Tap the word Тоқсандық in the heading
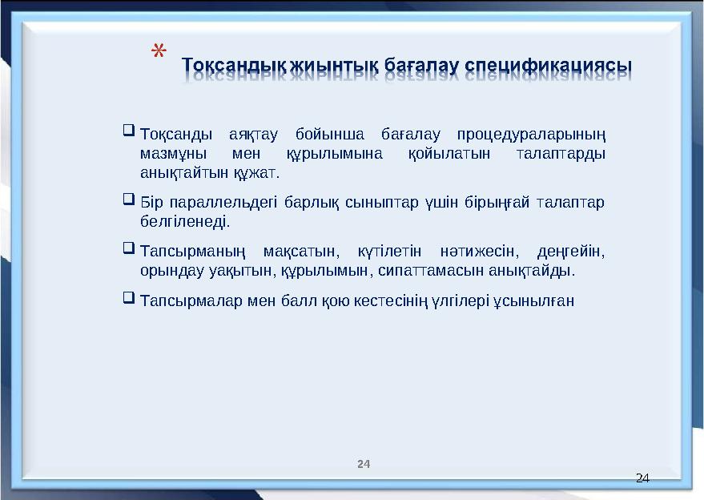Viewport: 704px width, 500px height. tap(225, 63)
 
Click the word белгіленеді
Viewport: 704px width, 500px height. tap(184, 221)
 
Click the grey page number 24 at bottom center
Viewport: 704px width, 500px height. tap(364, 464)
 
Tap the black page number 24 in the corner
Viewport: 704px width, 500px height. tap(641, 478)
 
